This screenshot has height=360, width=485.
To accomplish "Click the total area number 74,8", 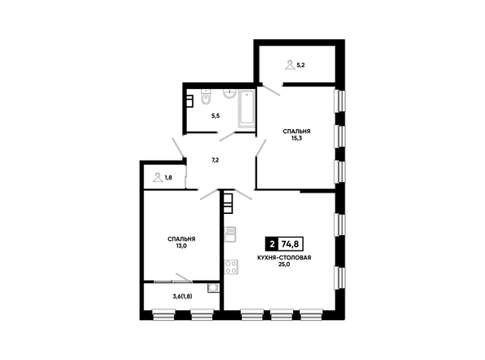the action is click(x=290, y=244).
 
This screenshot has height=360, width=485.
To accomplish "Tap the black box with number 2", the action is click(x=272, y=244).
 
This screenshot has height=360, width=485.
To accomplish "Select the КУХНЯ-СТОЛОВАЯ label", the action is click(x=284, y=258).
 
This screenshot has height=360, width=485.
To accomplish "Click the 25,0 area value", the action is click(x=284, y=264).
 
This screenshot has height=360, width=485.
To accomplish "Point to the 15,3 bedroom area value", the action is click(x=296, y=138).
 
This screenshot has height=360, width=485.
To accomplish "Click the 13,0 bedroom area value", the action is click(x=181, y=246).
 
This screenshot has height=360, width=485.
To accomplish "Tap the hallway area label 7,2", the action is click(x=216, y=160).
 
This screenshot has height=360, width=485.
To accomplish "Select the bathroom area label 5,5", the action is click(x=216, y=116).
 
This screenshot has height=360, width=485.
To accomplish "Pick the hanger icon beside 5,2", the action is click(x=290, y=65).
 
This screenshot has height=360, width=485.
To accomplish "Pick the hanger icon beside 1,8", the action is click(x=158, y=177).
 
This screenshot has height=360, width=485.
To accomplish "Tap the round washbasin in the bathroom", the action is click(x=229, y=94).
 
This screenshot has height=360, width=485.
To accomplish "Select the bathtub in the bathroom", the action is click(x=247, y=109).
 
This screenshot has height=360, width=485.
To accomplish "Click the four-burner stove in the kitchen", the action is click(x=231, y=267).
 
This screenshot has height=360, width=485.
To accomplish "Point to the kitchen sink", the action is click(x=230, y=234).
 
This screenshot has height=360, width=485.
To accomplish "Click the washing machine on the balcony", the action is click(x=213, y=288).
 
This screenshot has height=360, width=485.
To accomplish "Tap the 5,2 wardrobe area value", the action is click(x=300, y=65).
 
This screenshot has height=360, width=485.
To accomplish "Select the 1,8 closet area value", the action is click(x=168, y=177).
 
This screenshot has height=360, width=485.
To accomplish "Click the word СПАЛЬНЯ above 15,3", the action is click(x=296, y=131).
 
